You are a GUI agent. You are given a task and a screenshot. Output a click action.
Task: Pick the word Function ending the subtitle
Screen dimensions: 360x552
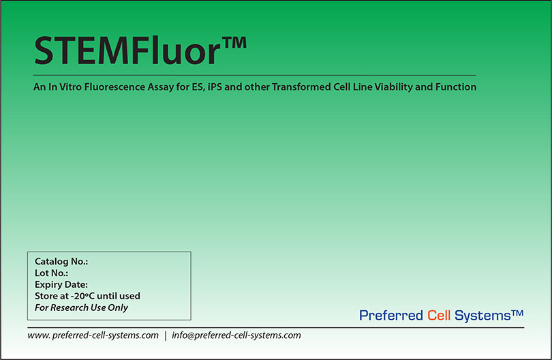tap(457, 87)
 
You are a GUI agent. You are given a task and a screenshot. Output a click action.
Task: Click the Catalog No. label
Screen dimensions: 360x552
tap(61, 261)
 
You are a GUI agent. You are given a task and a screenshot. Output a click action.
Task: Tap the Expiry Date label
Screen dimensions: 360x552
tap(61, 284)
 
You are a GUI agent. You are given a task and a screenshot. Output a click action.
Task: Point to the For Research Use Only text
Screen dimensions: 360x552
tap(81, 307)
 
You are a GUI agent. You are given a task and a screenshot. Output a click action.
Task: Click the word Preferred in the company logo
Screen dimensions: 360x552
tap(391, 315)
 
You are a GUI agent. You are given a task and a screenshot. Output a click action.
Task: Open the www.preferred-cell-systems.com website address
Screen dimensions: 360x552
tap(93, 335)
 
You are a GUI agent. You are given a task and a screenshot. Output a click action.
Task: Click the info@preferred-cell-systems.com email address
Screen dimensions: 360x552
tap(236, 335)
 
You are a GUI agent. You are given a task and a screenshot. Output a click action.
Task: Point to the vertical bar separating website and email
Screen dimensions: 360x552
tap(165, 335)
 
